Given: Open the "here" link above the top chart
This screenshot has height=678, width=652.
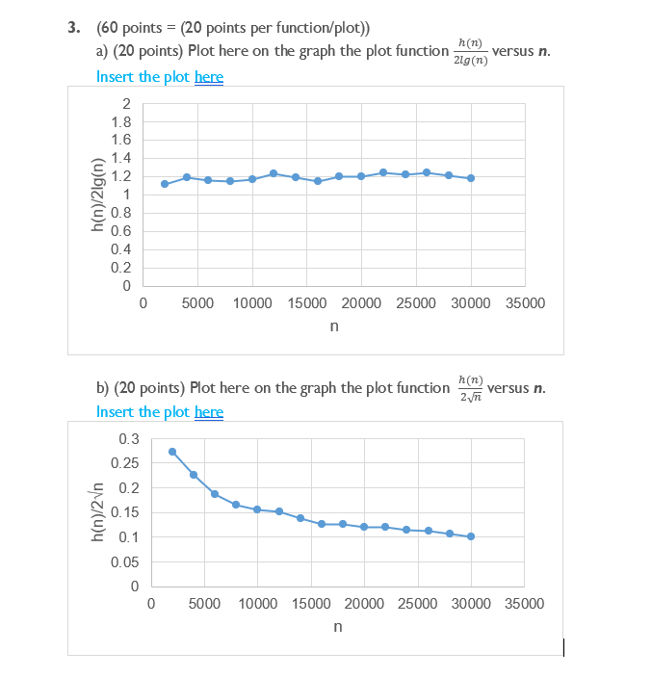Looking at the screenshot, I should click(208, 77).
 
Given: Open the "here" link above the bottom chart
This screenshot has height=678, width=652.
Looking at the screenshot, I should click(208, 412).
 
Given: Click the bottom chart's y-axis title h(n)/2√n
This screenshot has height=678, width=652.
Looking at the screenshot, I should click(97, 512).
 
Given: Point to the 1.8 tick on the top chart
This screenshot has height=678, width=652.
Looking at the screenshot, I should click(120, 122).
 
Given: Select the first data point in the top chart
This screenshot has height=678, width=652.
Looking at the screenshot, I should click(165, 184).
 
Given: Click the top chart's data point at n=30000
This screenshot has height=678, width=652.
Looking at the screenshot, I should click(470, 178).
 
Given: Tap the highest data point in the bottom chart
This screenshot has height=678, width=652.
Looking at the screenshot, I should click(172, 452).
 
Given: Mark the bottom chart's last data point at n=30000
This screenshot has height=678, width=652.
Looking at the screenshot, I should click(471, 536).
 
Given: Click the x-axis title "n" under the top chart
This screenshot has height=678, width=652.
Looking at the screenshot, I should click(333, 326).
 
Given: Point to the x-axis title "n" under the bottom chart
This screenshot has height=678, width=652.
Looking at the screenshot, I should click(337, 627).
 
